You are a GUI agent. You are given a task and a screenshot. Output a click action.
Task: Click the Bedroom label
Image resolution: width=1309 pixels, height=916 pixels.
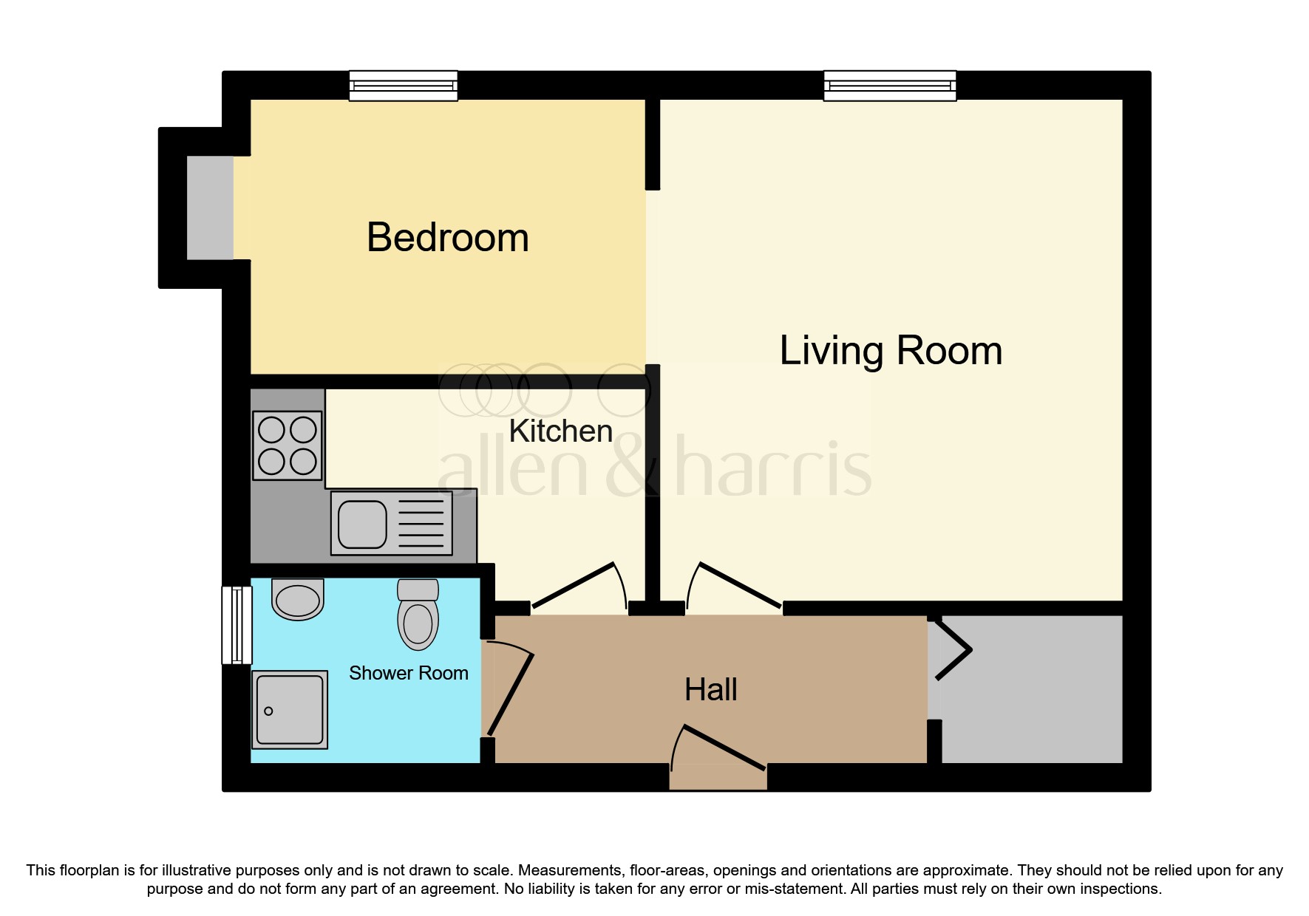point(448,238)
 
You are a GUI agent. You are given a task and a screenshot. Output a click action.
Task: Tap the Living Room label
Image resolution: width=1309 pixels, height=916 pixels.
point(891,350)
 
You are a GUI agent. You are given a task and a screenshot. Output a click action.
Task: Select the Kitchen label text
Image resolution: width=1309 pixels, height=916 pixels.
point(561,431)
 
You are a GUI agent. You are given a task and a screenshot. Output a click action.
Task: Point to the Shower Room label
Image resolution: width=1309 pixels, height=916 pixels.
point(408,673)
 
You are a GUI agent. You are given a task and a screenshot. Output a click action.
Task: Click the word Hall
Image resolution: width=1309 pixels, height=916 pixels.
point(710,690)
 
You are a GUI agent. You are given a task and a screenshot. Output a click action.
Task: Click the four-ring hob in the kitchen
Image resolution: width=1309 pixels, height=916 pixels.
point(288,445)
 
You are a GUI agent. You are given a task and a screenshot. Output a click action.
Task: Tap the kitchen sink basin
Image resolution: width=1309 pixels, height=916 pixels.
point(362,524)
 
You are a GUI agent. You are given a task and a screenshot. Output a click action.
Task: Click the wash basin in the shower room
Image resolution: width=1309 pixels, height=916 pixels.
point(298,599)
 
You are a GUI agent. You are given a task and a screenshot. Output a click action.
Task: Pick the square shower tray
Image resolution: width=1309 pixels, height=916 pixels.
point(290,709)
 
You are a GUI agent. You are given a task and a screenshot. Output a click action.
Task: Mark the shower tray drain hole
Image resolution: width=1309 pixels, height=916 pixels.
point(268,711)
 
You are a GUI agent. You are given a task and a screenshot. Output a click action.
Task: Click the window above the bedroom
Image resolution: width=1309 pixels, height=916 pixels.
point(403,86)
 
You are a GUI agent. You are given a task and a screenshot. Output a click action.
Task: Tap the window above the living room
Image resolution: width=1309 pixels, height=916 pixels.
point(890,86)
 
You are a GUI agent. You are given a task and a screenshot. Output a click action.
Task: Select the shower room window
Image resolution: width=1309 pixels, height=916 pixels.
point(237,625)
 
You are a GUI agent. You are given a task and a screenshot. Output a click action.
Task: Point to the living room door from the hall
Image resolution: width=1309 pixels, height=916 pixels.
point(735,588)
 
